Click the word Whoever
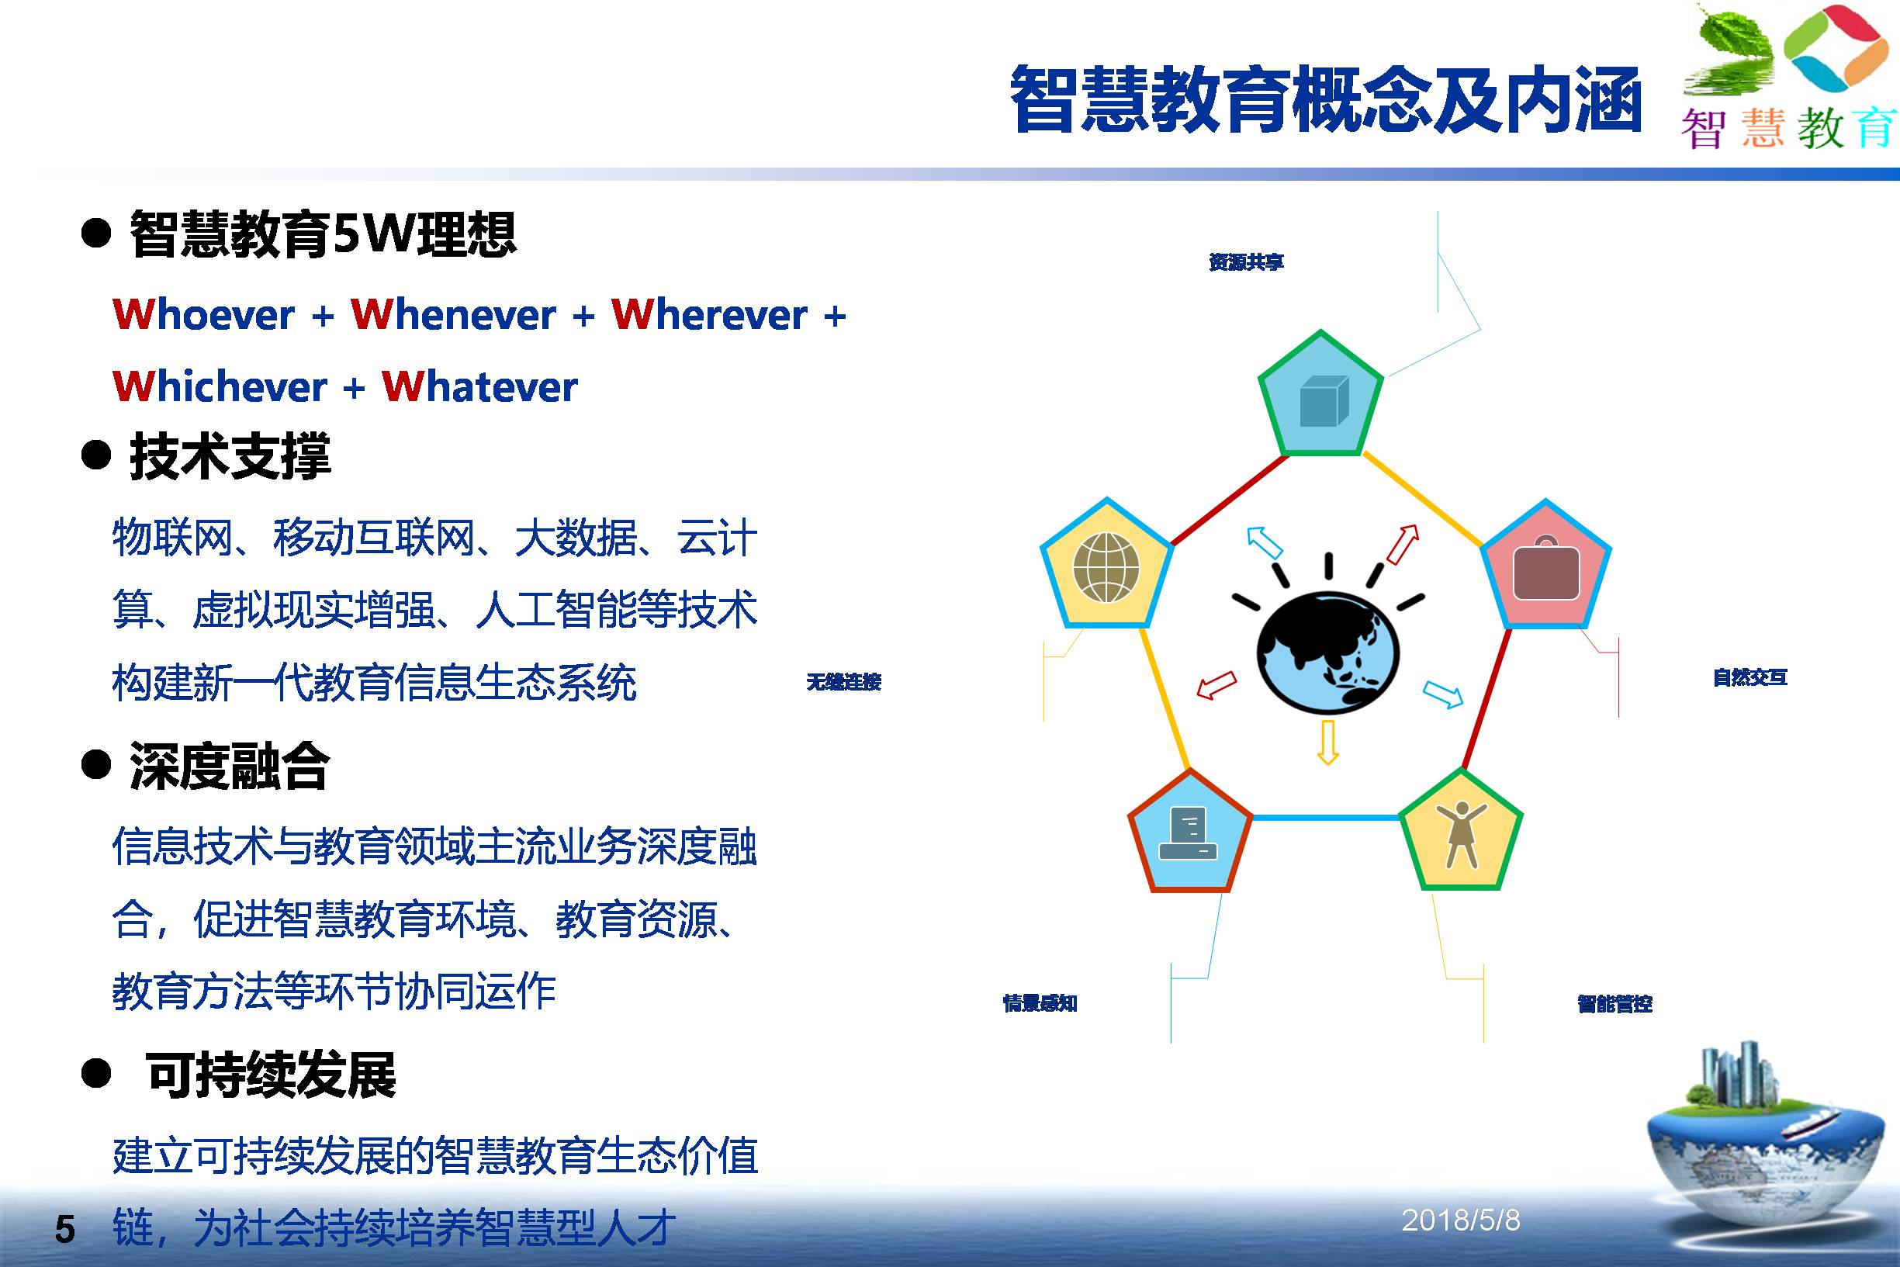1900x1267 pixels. tap(203, 314)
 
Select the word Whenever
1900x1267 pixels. tap(453, 314)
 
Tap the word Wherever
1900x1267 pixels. tap(709, 314)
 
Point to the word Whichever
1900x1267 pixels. tap(220, 386)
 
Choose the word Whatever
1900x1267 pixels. tap(479, 386)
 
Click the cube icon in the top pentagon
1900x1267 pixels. tap(1324, 401)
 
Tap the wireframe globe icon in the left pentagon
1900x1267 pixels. tap(1106, 567)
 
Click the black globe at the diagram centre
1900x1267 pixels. tap(1328, 653)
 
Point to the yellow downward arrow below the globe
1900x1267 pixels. tap(1328, 743)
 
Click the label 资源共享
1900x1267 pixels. tap(1246, 261)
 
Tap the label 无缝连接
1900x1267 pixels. tap(843, 682)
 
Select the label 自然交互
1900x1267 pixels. tap(1749, 677)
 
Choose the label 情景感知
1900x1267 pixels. tap(1040, 1003)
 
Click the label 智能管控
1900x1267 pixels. tap(1614, 1003)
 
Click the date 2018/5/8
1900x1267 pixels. tap(1461, 1220)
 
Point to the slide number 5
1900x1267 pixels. tap(64, 1230)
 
